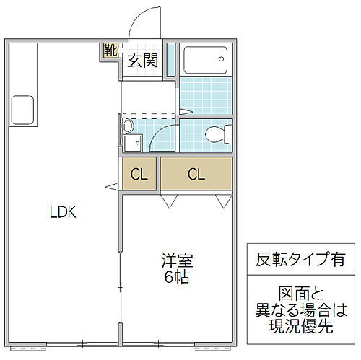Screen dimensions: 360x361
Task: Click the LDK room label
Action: tap(63, 212)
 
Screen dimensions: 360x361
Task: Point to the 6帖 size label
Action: tap(177, 277)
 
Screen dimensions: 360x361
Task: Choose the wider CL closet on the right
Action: tap(195, 174)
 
